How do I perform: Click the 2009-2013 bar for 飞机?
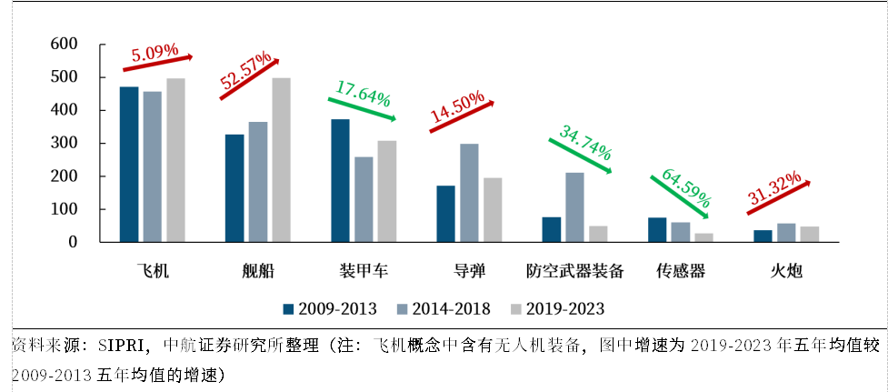pos(129,165)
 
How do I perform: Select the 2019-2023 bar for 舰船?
pos(282,160)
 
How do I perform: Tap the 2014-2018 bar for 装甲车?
pos(364,199)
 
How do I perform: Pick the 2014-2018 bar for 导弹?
pos(469,193)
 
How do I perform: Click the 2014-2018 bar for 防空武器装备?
pos(574,207)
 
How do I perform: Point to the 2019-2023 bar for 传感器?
pos(703,238)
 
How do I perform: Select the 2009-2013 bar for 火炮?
pos(763,236)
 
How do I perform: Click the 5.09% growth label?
pos(155,54)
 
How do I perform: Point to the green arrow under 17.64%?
pos(362,109)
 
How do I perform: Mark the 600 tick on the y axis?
pos(72,45)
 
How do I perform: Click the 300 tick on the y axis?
pos(72,144)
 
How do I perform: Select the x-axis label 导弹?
pos(470,271)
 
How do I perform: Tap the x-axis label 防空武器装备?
pos(574,271)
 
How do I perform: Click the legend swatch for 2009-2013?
pos(288,308)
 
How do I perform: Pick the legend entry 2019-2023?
pos(557,308)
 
